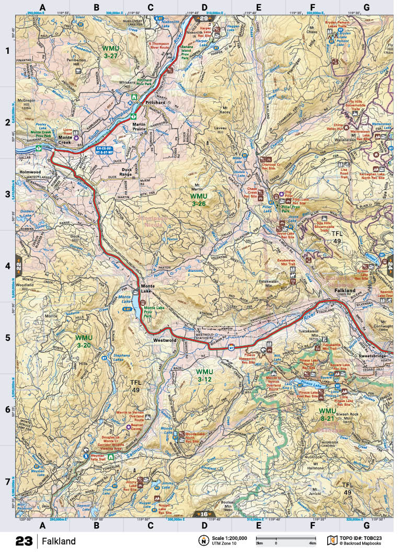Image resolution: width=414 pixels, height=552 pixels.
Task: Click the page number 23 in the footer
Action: point(24,541)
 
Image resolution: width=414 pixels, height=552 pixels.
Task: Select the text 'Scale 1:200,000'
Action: point(228,538)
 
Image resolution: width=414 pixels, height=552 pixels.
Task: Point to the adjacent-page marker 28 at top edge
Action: point(203,18)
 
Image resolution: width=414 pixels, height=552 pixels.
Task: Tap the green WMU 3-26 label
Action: point(201,199)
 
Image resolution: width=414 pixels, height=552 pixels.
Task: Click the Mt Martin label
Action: point(197,188)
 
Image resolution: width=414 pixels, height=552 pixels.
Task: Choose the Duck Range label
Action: point(128,172)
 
